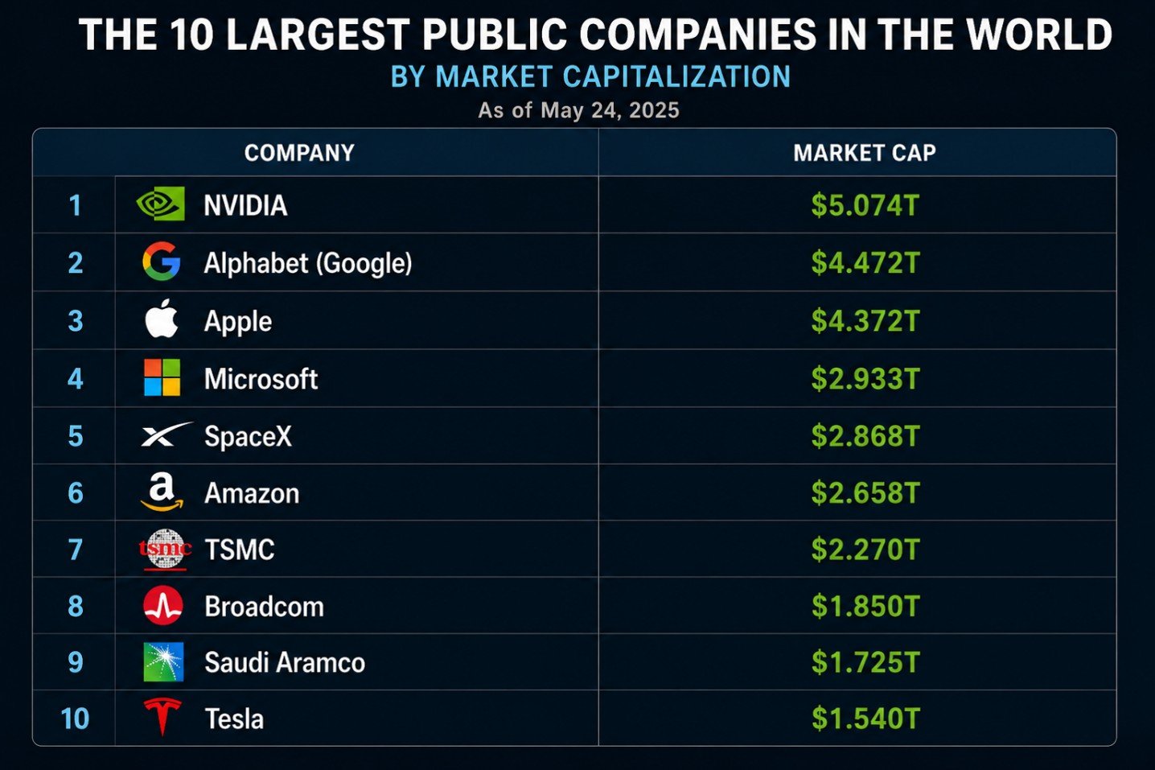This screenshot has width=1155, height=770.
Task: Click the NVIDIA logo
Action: tap(160, 204)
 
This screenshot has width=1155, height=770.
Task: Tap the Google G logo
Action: tap(162, 261)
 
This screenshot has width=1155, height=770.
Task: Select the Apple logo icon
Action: tap(162, 318)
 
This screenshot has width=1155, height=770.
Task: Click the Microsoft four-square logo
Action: tap(162, 377)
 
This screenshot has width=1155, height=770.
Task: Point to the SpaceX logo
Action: tap(166, 434)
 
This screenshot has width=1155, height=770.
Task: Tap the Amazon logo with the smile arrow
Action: tap(162, 492)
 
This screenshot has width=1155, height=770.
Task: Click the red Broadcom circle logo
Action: tap(163, 606)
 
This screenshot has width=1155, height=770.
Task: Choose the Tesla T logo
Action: tap(162, 717)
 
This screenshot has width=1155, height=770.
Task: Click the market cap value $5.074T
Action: tap(865, 205)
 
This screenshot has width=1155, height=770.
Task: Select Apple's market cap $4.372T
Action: tap(865, 321)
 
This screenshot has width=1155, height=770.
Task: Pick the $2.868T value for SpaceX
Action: tap(865, 436)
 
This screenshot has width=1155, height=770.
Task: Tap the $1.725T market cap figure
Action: tap(865, 662)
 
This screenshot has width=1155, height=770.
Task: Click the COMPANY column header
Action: tap(299, 153)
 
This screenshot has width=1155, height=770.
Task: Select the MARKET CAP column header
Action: tap(865, 153)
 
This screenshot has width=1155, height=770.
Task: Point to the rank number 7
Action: tap(76, 550)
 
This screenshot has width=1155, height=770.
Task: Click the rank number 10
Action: tap(75, 719)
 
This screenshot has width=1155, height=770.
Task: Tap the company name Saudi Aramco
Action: tap(285, 662)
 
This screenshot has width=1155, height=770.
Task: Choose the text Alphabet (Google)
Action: tap(308, 263)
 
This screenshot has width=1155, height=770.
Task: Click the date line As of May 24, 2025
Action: tap(578, 110)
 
